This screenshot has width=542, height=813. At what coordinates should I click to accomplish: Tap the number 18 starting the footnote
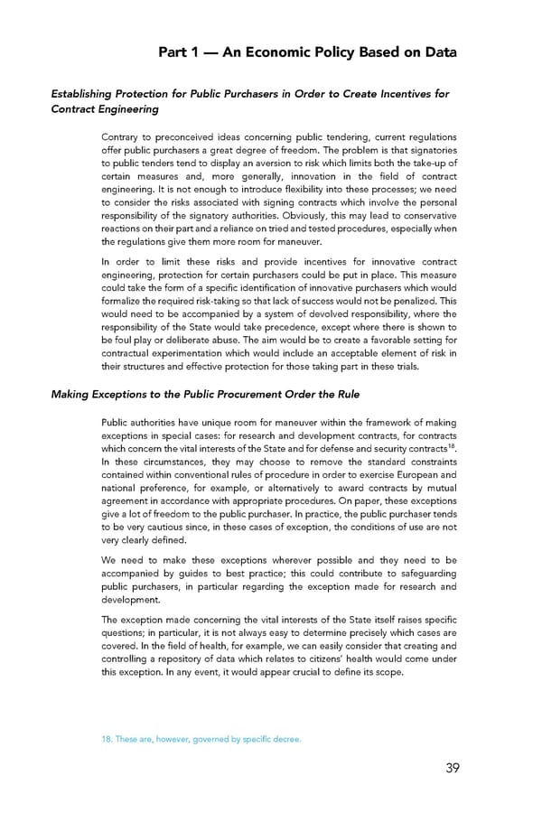coord(108,740)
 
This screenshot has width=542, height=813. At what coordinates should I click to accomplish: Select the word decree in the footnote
coord(284,740)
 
